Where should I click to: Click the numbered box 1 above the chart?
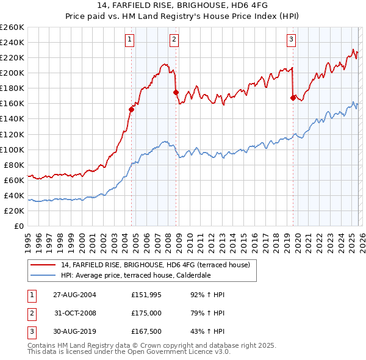pyautogui.click(x=130, y=40)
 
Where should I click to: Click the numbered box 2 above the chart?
pyautogui.click(x=174, y=40)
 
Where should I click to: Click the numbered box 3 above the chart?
pyautogui.click(x=291, y=40)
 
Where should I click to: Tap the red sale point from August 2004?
pyautogui.click(x=131, y=109)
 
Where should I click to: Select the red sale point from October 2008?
pyautogui.click(x=176, y=92)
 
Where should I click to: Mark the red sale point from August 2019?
pyautogui.click(x=293, y=98)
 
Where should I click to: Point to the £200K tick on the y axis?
pyautogui.click(x=12, y=73)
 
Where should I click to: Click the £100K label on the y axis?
pyautogui.click(x=12, y=149)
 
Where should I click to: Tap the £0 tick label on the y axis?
pyautogui.click(x=18, y=226)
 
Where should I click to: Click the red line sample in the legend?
pyautogui.click(x=42, y=264)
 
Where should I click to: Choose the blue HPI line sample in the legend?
pyautogui.click(x=42, y=275)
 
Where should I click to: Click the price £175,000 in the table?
pyautogui.click(x=146, y=313)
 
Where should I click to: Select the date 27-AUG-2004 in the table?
pyautogui.click(x=74, y=295)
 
